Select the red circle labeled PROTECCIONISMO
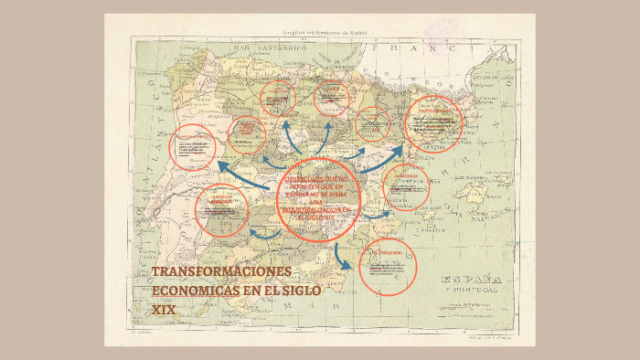[x=433, y=123]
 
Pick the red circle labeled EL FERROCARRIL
[x=389, y=266]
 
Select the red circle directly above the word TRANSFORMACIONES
[x=221, y=211]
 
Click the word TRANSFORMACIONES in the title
[x=220, y=272]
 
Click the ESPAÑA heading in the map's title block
[x=471, y=280]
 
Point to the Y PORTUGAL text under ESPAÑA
[x=471, y=291]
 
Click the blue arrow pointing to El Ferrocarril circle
[x=345, y=258]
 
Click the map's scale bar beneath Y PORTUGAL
[x=471, y=302]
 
